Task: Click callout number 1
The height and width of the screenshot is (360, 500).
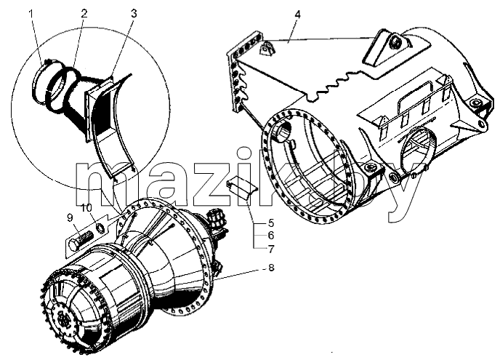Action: pyautogui.click(x=31, y=14)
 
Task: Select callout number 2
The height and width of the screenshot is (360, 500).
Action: pyautogui.click(x=84, y=13)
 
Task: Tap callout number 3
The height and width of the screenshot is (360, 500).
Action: pyautogui.click(x=134, y=14)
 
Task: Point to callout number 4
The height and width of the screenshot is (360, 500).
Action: pyautogui.click(x=297, y=15)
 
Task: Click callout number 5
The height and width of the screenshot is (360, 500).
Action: pyautogui.click(x=271, y=223)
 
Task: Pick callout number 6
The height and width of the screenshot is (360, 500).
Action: pyautogui.click(x=271, y=236)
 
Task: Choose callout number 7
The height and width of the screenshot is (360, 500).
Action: pyautogui.click(x=271, y=249)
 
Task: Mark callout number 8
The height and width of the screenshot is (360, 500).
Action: pyautogui.click(x=271, y=268)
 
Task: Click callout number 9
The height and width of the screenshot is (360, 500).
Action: pyautogui.click(x=70, y=218)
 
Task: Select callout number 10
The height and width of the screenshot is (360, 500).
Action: pyautogui.click(x=86, y=208)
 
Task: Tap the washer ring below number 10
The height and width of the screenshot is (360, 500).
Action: pyautogui.click(x=100, y=228)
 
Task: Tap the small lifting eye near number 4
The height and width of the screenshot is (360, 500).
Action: pyautogui.click(x=266, y=49)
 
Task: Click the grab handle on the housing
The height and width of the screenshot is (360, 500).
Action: pyautogui.click(x=414, y=96)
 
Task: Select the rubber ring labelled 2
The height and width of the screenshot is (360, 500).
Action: pyautogui.click(x=60, y=90)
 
